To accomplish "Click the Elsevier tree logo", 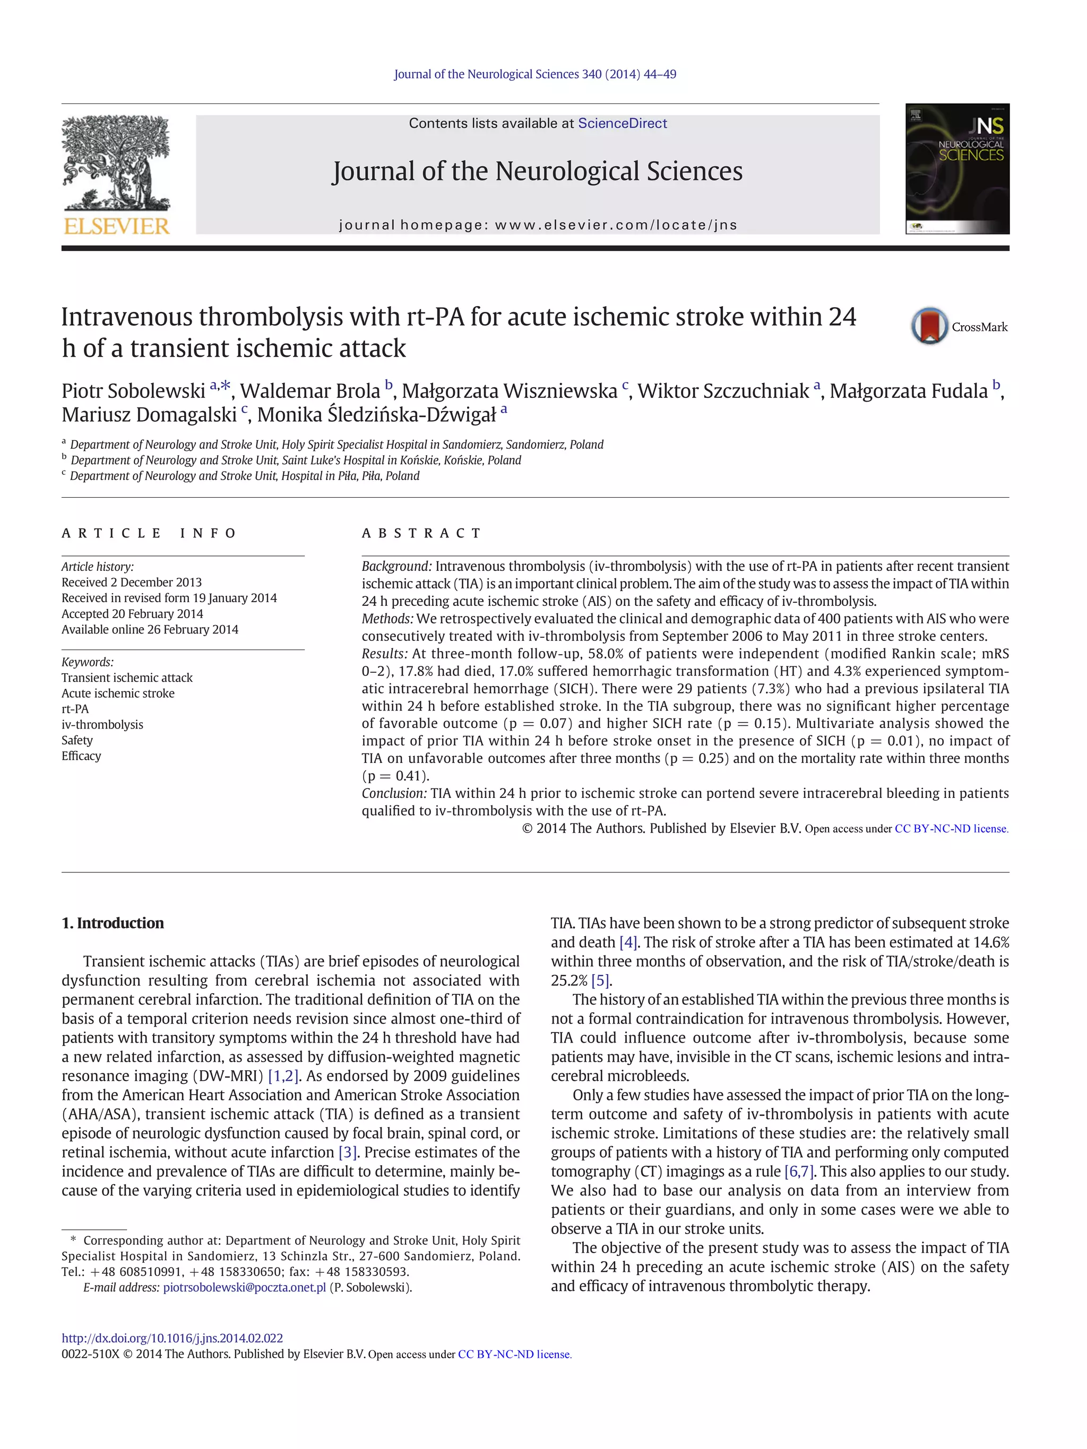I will [x=116, y=174].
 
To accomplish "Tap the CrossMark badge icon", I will [x=929, y=326].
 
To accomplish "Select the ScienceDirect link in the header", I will [x=622, y=123].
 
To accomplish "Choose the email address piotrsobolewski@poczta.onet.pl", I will [x=244, y=1287].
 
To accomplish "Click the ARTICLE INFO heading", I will [x=149, y=533].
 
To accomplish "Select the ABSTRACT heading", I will [x=421, y=533].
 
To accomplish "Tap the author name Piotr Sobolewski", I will [x=133, y=391].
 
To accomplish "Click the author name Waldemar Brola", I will [x=309, y=391].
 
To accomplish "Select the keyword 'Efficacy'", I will [x=81, y=756].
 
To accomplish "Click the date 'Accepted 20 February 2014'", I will [x=132, y=614].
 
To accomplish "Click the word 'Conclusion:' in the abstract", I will [x=394, y=793].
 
